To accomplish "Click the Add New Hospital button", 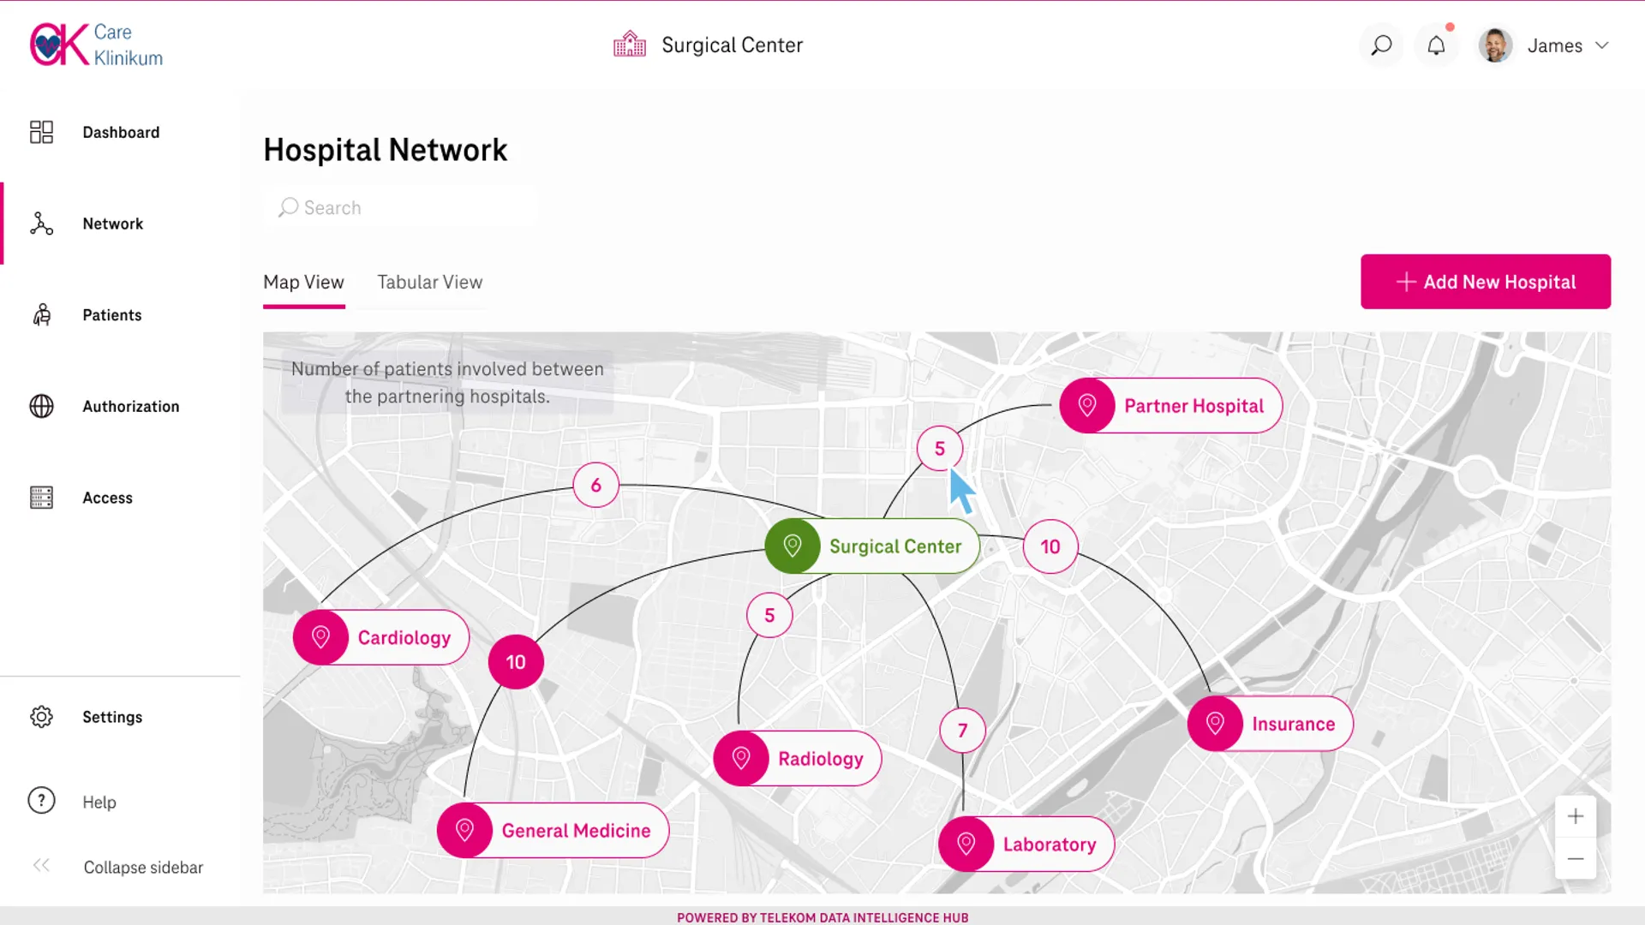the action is point(1486,282).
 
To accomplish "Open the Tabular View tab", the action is point(430,282).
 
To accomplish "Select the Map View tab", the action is point(303,282).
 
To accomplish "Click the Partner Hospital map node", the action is point(1170,405).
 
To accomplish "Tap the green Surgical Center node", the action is point(872,546).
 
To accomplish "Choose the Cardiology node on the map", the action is point(381,637).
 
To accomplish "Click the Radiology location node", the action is point(798,758).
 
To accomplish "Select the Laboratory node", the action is point(1026,844).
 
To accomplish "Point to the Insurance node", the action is point(1271,724).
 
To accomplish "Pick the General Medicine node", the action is point(553,830).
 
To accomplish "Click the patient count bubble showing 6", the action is point(596,485).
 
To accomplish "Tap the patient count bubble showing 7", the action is point(963,731).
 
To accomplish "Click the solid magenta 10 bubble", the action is point(516,662).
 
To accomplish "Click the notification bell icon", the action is point(1437,45).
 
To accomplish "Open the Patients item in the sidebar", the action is point(112,315).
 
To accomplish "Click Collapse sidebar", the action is point(143,867).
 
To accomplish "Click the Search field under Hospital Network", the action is point(400,207).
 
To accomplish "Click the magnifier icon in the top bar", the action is point(1381,45).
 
